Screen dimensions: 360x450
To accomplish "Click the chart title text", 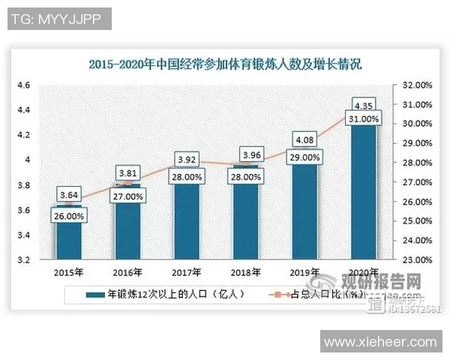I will pos(225,65).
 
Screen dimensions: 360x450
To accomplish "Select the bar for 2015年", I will pos(68,240).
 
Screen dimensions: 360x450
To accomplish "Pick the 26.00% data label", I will pos(68,216).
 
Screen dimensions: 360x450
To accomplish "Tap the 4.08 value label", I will pos(304,139).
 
